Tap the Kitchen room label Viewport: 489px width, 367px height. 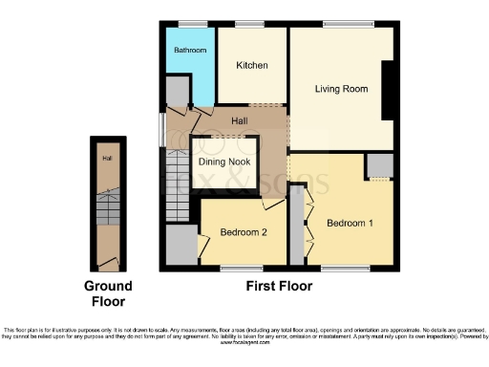tap(252, 65)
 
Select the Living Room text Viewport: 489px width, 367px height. tap(341, 89)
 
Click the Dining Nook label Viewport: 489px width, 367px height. tap(223, 162)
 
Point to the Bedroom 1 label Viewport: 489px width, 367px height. tap(350, 224)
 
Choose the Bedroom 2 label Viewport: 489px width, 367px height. tap(243, 232)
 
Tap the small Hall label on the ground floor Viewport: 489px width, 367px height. tap(108, 159)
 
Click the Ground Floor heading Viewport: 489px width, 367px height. tap(108, 292)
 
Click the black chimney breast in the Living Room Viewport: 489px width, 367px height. tap(388, 90)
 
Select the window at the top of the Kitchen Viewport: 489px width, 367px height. tap(251, 23)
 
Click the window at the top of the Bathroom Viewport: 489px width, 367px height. tap(190, 23)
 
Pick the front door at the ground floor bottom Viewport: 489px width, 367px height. tap(108, 260)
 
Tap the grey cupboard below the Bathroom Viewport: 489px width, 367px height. tap(177, 91)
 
